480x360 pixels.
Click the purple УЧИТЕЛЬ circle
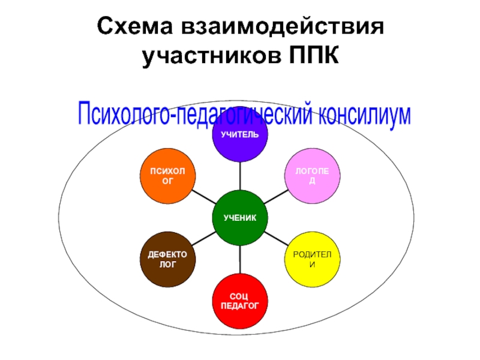pyautogui.click(x=239, y=136)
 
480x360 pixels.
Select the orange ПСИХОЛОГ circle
pyautogui.click(x=169, y=176)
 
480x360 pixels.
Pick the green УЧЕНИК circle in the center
pyautogui.click(x=240, y=217)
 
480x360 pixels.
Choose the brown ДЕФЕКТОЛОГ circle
pyautogui.click(x=168, y=259)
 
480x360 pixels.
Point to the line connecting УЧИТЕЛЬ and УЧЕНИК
pyautogui.click(x=240, y=176)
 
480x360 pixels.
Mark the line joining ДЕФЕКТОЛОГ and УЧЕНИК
pyautogui.click(x=204, y=238)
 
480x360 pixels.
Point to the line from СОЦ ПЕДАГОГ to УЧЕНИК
pyautogui.click(x=240, y=259)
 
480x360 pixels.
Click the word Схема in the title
pyautogui.click(x=137, y=27)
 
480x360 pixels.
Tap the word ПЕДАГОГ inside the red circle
pyautogui.click(x=240, y=305)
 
